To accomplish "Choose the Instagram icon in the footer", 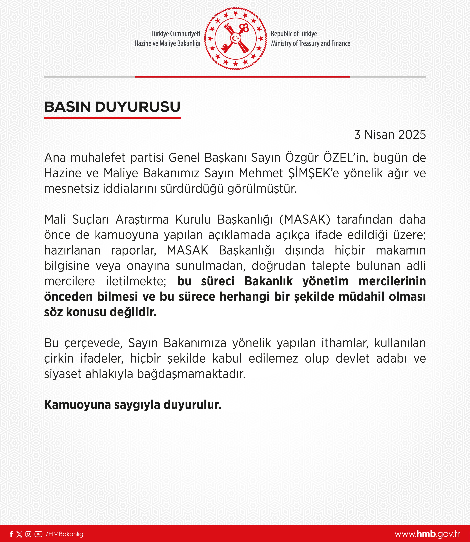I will tap(28, 534).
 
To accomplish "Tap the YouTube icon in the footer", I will tap(38, 534).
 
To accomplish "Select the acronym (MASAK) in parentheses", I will tap(305, 220).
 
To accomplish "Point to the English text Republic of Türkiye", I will tap(294, 34).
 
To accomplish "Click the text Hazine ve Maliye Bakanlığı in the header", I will tap(167, 44).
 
